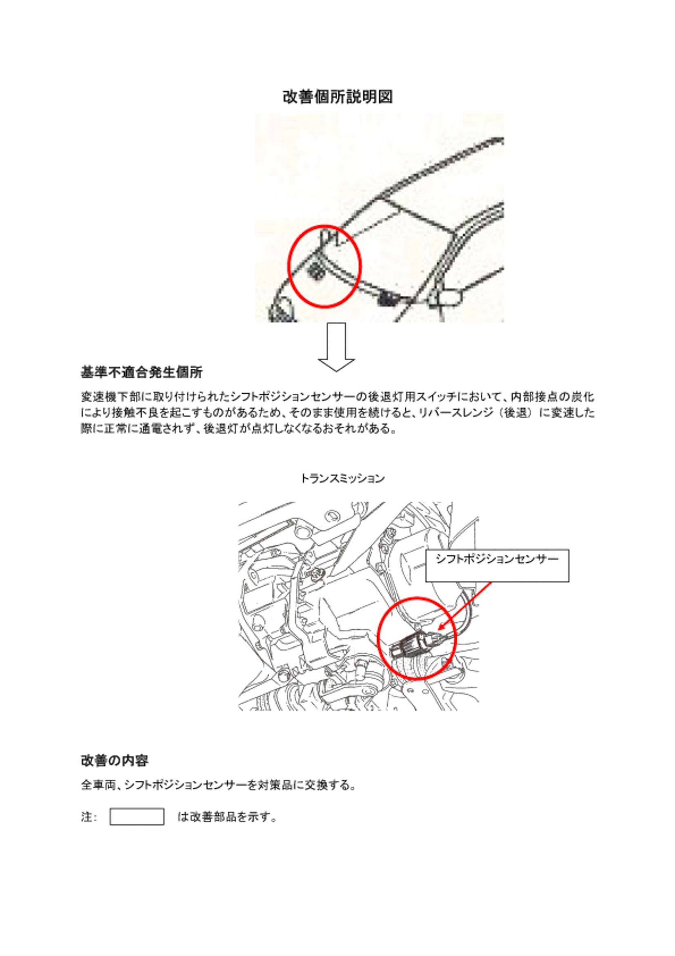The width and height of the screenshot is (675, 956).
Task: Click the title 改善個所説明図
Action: click(x=337, y=97)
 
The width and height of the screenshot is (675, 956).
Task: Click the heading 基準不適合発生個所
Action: click(x=142, y=372)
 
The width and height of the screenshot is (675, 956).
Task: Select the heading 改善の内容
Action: click(x=114, y=761)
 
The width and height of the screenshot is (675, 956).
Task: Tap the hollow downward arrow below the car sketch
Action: click(x=336, y=347)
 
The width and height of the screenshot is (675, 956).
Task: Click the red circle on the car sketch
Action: click(x=289, y=267)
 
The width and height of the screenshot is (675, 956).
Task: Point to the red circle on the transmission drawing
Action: click(x=378, y=638)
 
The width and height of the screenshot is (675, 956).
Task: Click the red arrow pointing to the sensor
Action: click(x=465, y=606)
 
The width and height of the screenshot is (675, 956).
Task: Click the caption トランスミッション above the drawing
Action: click(x=342, y=479)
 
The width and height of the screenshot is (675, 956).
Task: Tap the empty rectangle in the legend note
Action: click(x=137, y=816)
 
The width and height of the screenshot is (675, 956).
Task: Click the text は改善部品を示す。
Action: click(x=227, y=817)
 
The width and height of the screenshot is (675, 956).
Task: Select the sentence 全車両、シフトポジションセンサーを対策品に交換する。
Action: click(x=218, y=785)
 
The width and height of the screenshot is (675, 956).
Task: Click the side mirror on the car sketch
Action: click(x=446, y=297)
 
